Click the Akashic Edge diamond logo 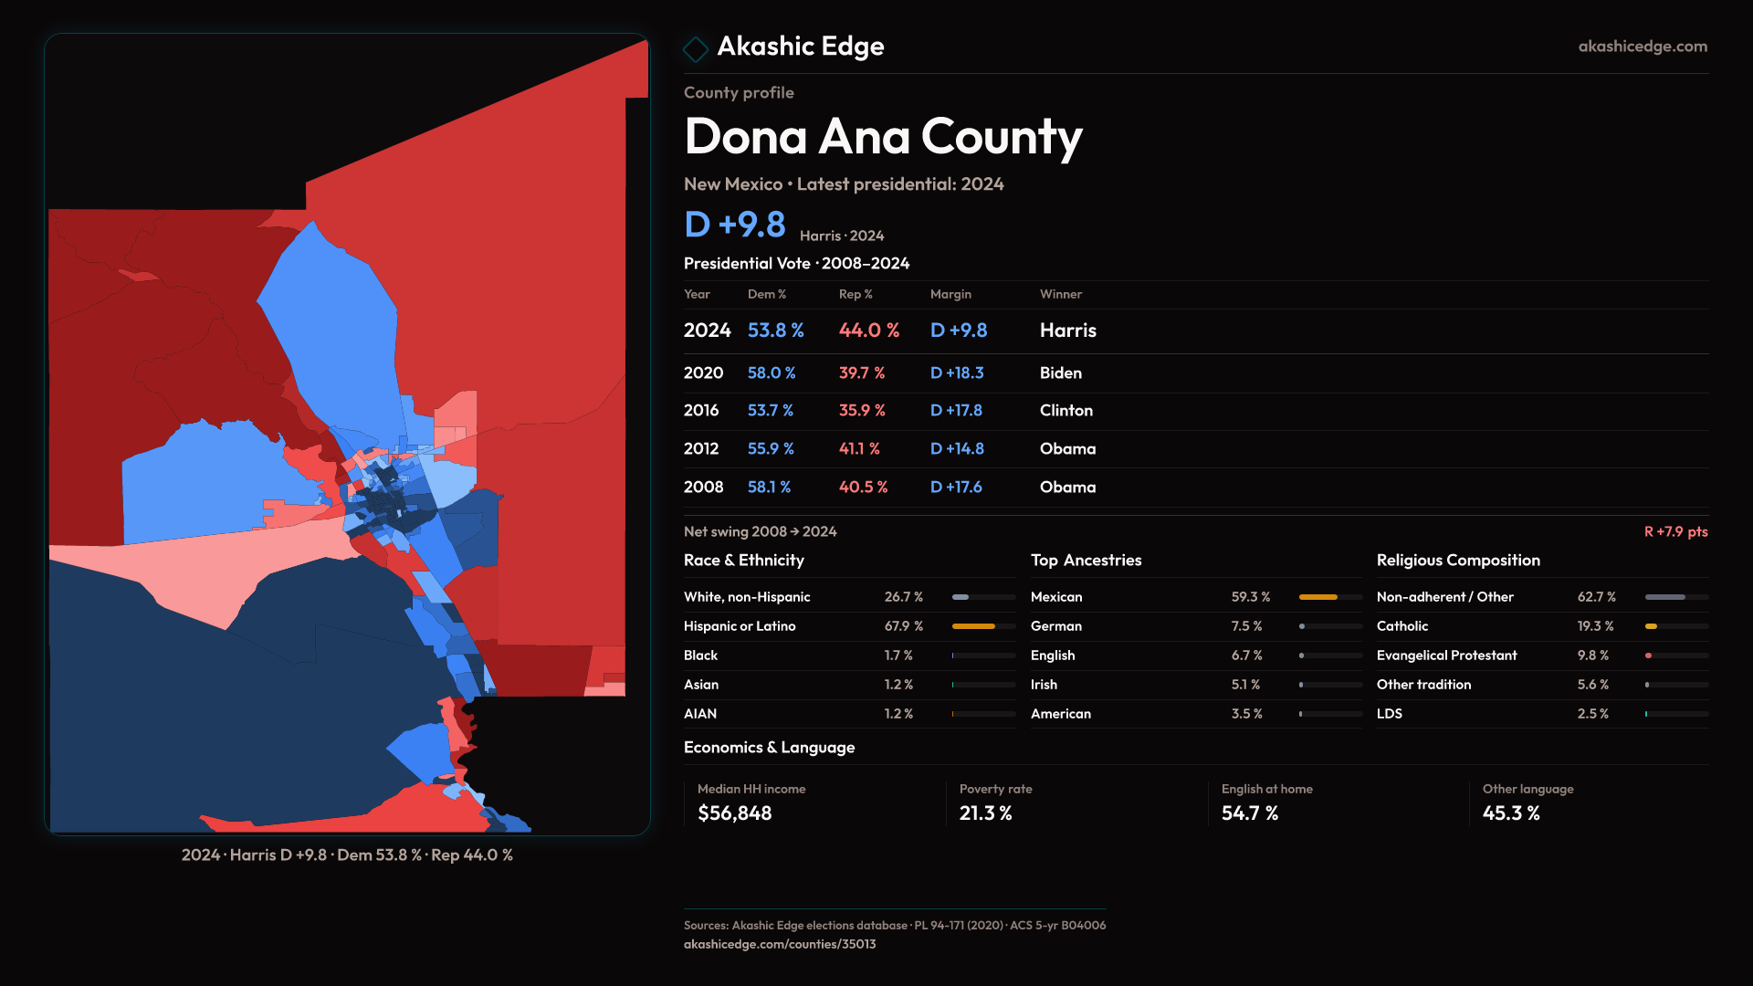tap(696, 48)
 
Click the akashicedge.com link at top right tap(1642, 47)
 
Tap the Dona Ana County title tap(883, 137)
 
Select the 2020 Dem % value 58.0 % tap(772, 373)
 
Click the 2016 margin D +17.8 tap(956, 411)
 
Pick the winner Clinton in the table tap(1065, 411)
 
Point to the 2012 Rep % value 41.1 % tap(859, 449)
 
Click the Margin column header tap(950, 294)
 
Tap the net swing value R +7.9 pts tap(1675, 531)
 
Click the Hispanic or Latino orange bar tap(973, 626)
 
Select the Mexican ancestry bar tap(1318, 597)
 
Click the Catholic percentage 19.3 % tap(1595, 626)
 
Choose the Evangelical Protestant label tap(1446, 656)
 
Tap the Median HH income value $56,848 tap(734, 813)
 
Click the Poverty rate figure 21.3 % tap(985, 813)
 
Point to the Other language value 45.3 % tap(1511, 813)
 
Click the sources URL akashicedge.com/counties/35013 tap(780, 944)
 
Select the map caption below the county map tap(347, 855)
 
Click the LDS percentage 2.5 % tap(1592, 714)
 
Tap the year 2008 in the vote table tap(703, 488)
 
